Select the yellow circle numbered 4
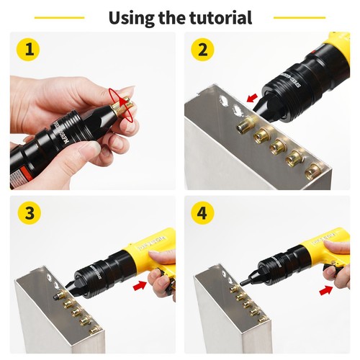(x=202, y=215)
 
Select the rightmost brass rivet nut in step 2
(x=314, y=171)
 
